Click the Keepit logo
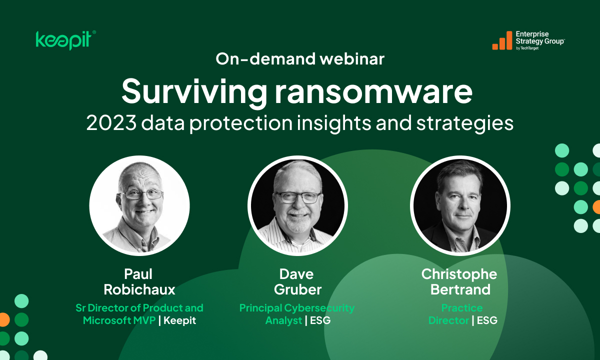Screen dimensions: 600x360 [x=65, y=40]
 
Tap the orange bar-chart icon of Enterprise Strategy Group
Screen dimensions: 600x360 [x=502, y=40]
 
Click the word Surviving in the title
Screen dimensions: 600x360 [x=194, y=92]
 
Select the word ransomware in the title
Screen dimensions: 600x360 [x=374, y=92]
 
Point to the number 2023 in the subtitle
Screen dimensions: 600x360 [x=111, y=123]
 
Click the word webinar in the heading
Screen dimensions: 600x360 [x=352, y=58]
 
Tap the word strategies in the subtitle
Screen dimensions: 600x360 [x=464, y=124]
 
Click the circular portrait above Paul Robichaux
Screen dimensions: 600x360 [x=139, y=205]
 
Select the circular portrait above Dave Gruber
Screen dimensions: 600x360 [x=297, y=205]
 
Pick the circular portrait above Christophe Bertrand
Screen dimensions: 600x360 [x=460, y=205]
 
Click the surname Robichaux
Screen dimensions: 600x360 [x=139, y=289]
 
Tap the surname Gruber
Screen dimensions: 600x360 [x=297, y=289]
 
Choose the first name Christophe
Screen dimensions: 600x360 [x=459, y=274]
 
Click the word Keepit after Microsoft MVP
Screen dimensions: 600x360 [x=179, y=320]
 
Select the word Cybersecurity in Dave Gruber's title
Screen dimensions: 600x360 [x=319, y=308]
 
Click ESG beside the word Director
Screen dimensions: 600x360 [x=487, y=320]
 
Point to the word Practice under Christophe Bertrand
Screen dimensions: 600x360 [x=462, y=308]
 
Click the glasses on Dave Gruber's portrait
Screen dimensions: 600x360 [x=297, y=197]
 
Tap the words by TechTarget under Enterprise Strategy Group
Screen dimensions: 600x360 [x=527, y=48]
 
